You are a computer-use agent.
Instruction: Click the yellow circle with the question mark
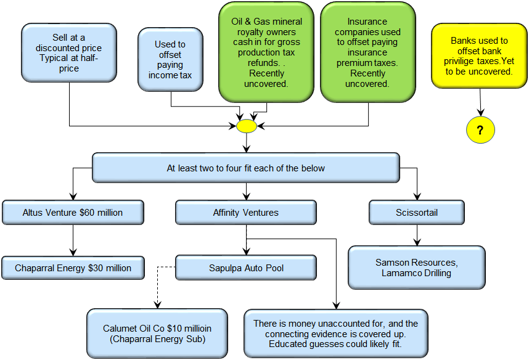pyautogui.click(x=480, y=130)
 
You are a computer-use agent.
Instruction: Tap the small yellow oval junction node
pyautogui.click(x=247, y=126)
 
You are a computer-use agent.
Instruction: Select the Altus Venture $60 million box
pyautogui.click(x=73, y=213)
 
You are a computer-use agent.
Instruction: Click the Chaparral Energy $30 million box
pyautogui.click(x=73, y=268)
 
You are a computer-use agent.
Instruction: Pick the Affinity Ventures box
pyautogui.click(x=246, y=213)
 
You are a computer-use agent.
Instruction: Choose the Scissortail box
pyautogui.click(x=417, y=213)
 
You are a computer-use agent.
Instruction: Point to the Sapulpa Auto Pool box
pyautogui.click(x=246, y=268)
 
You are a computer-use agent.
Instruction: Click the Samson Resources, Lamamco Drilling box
pyautogui.click(x=417, y=268)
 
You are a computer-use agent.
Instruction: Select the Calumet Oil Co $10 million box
pyautogui.click(x=157, y=333)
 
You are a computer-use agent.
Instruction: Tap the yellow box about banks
pyautogui.click(x=479, y=56)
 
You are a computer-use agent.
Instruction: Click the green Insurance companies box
pyautogui.click(x=367, y=52)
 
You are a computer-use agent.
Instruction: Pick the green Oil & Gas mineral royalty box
pyautogui.click(x=266, y=52)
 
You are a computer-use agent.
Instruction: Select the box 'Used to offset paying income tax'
pyautogui.click(x=170, y=60)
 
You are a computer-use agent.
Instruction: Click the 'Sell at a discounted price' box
pyautogui.click(x=69, y=53)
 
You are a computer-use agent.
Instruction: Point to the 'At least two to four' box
pyautogui.click(x=246, y=168)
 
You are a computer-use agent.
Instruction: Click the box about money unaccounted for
pyautogui.click(x=336, y=333)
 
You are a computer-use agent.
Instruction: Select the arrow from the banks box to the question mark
pyautogui.click(x=480, y=102)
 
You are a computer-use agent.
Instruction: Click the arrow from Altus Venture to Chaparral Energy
pyautogui.click(x=73, y=240)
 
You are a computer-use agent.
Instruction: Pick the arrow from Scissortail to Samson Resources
pyautogui.click(x=417, y=235)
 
